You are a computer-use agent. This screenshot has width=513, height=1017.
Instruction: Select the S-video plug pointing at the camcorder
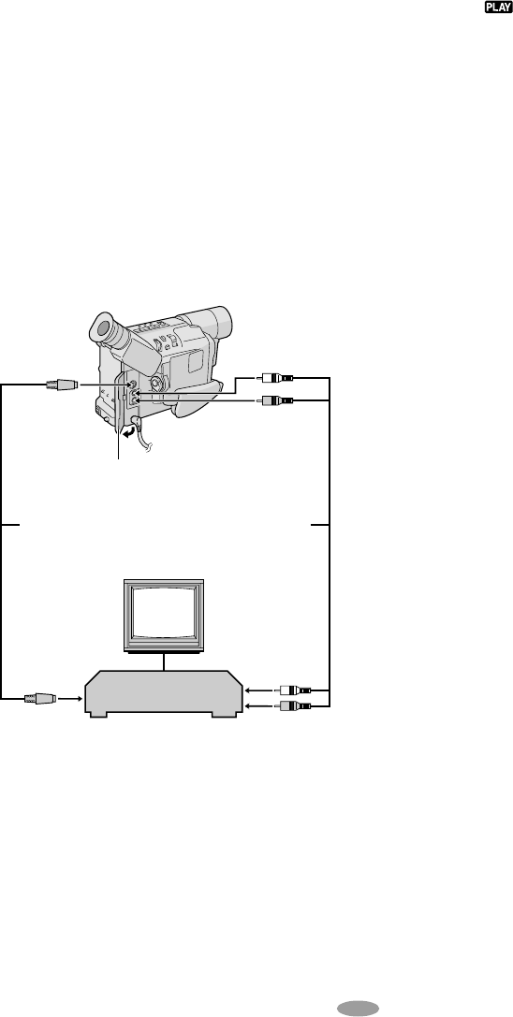coord(62,385)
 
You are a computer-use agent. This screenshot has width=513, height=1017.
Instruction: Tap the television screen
coord(164,613)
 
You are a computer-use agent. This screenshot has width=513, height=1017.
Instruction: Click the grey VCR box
coord(164,693)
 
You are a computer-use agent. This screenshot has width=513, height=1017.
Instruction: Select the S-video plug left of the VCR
coord(39,699)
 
